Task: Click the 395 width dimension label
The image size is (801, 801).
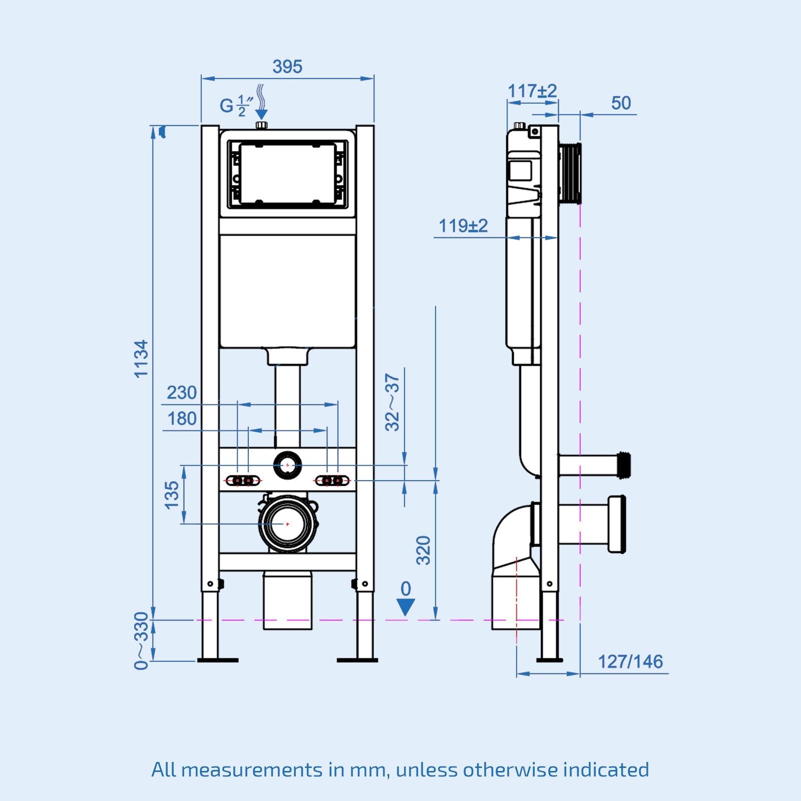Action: tap(287, 67)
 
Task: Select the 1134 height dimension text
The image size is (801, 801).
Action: tap(141, 358)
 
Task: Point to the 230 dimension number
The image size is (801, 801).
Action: tap(181, 392)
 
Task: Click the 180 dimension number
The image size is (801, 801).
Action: tap(181, 419)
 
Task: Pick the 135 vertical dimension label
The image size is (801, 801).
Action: tap(172, 495)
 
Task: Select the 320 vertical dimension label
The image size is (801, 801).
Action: tap(424, 550)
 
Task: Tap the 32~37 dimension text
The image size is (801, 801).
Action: tap(392, 402)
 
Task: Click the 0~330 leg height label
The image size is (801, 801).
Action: tap(142, 640)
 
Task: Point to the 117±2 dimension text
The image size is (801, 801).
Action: tap(532, 91)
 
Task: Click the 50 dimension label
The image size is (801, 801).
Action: tap(621, 103)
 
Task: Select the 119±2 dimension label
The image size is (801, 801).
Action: tap(463, 226)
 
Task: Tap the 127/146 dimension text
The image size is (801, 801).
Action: tap(630, 662)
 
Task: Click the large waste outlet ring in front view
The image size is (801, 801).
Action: tap(287, 524)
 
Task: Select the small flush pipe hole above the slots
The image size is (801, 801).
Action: tap(287, 465)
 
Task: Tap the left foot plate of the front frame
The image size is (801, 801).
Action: tap(217, 660)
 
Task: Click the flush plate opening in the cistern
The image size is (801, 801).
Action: tap(287, 173)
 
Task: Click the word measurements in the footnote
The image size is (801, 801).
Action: tap(251, 769)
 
